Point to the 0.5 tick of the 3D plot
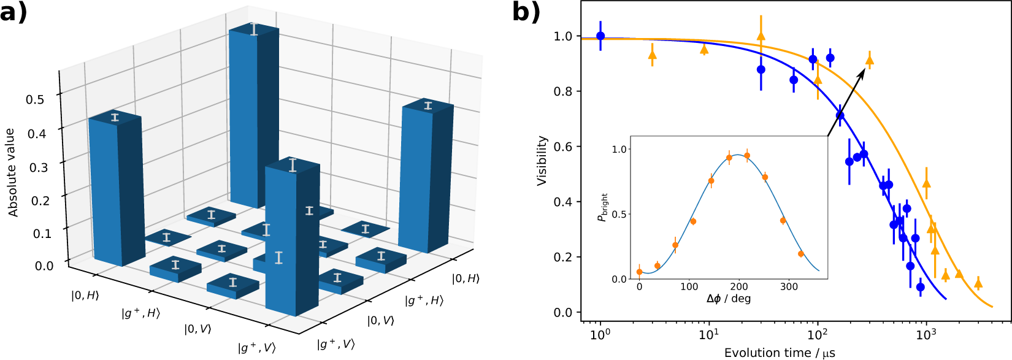[35, 99]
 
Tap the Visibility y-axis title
[542, 161]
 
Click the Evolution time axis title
[780, 353]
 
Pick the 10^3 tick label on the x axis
[926, 334]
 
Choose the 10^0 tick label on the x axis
[600, 334]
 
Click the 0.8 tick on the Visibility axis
[563, 91]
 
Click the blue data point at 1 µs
[600, 36]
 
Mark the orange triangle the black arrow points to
[869, 59]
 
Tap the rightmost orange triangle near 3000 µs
[978, 283]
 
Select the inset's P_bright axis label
[603, 208]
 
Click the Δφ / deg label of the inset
[729, 299]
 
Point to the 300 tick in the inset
[789, 286]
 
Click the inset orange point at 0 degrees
[640, 272]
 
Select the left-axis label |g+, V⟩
[257, 348]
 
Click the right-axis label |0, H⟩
[466, 278]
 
